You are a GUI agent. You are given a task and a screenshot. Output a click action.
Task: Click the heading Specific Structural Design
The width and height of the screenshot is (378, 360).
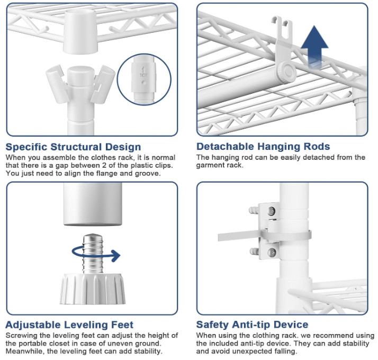tap(73, 147)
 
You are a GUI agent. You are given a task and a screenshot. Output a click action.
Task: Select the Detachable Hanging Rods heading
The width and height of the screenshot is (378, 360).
tap(263, 146)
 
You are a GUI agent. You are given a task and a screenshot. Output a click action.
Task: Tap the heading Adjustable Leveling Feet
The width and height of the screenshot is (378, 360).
tap(69, 325)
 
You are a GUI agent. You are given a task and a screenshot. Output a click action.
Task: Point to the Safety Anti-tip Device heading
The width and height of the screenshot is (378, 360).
tap(252, 325)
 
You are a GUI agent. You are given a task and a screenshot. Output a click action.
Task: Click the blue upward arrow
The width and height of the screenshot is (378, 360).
tap(314, 46)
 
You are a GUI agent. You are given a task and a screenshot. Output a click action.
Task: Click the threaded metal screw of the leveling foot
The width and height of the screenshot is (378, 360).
tap(93, 253)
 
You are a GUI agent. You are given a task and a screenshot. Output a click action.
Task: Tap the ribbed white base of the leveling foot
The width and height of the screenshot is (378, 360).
tap(93, 289)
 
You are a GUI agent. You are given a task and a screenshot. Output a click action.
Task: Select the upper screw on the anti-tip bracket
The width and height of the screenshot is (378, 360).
tap(272, 211)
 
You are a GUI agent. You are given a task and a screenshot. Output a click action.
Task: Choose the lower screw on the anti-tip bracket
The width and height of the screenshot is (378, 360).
tap(272, 253)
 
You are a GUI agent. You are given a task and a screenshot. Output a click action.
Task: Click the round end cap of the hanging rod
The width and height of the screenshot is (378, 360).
tap(286, 72)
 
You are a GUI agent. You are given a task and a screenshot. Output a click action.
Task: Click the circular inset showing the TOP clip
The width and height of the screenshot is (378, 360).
tap(144, 79)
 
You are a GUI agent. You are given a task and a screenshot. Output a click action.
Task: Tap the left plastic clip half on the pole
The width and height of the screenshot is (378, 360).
tap(57, 83)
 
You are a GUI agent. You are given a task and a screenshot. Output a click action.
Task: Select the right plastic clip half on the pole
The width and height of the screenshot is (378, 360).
tap(103, 84)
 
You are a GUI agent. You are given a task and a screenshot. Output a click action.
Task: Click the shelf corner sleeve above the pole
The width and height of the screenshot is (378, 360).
tap(80, 31)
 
